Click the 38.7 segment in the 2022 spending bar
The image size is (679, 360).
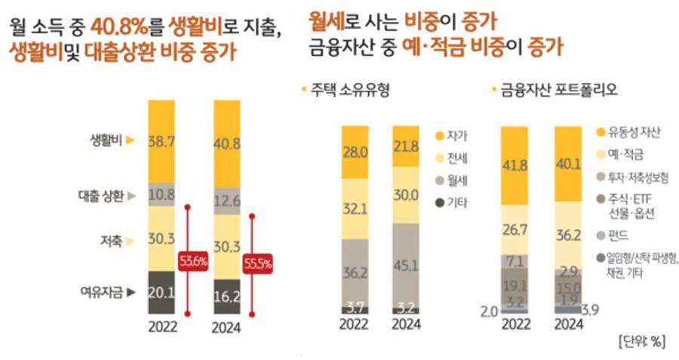tap(162, 140)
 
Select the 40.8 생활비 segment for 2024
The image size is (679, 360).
tap(227, 140)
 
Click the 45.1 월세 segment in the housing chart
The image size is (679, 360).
tap(406, 263)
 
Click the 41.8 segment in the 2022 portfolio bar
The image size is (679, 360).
tap(515, 167)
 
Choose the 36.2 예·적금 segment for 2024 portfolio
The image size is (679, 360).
tap(570, 235)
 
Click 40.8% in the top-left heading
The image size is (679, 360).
tap(117, 29)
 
